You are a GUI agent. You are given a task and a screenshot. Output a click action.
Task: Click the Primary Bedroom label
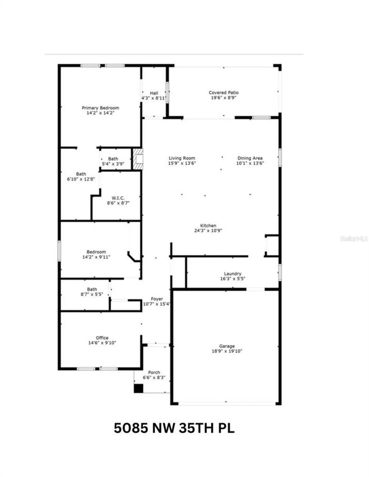(x=101, y=108)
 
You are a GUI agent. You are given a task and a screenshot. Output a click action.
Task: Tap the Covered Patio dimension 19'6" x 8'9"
(x=224, y=98)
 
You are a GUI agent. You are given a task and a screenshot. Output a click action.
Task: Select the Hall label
(x=154, y=93)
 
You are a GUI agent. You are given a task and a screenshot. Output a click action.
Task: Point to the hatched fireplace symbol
(x=138, y=159)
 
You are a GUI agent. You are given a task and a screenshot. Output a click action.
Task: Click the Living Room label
(x=182, y=158)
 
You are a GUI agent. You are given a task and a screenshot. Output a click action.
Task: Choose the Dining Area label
(x=250, y=158)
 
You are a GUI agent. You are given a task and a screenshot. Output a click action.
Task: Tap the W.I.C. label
(x=118, y=198)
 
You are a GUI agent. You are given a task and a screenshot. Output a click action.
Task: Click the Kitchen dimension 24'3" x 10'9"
(x=208, y=231)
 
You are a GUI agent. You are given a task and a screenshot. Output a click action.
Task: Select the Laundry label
(x=233, y=273)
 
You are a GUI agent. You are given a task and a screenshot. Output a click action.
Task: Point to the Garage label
(x=227, y=346)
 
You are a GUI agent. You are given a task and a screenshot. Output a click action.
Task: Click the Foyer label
(x=157, y=299)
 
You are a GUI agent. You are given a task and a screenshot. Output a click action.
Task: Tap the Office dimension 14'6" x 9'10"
(x=102, y=343)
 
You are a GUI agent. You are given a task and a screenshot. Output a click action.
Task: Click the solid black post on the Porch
(x=138, y=388)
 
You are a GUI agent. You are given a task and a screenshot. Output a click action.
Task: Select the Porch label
(x=154, y=372)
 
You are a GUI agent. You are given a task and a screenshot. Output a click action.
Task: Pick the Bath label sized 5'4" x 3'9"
(x=113, y=159)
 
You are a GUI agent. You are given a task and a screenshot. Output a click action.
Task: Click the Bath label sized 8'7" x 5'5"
(x=92, y=289)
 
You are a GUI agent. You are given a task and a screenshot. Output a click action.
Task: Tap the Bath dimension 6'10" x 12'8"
(x=81, y=179)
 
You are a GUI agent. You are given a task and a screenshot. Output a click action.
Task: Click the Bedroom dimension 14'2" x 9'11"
(x=96, y=257)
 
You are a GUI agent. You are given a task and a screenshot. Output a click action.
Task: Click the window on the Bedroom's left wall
(x=59, y=251)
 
